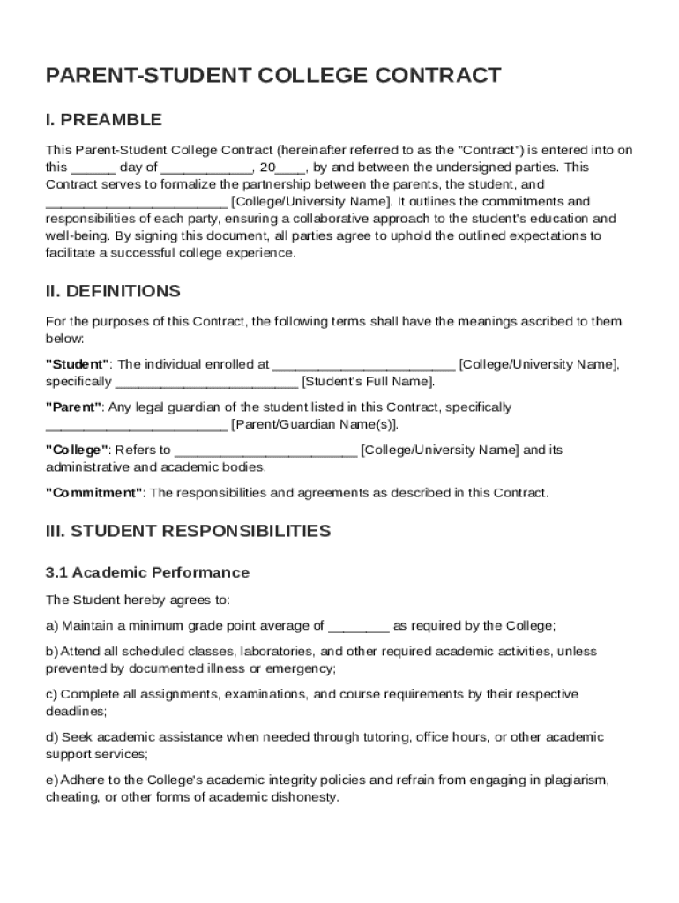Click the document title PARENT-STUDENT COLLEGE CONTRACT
coord(273,76)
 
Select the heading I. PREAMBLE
coord(104,120)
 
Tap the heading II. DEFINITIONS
coord(113,291)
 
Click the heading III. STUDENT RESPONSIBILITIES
coord(188,531)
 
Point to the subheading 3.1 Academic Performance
coord(147,572)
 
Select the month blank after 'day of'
coord(207,168)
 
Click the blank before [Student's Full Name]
coord(206,383)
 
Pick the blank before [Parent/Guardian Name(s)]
coord(136,425)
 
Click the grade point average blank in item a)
coord(358,627)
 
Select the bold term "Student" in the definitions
coord(78,364)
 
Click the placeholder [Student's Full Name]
coord(368,382)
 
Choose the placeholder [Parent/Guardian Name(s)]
coord(315,425)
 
